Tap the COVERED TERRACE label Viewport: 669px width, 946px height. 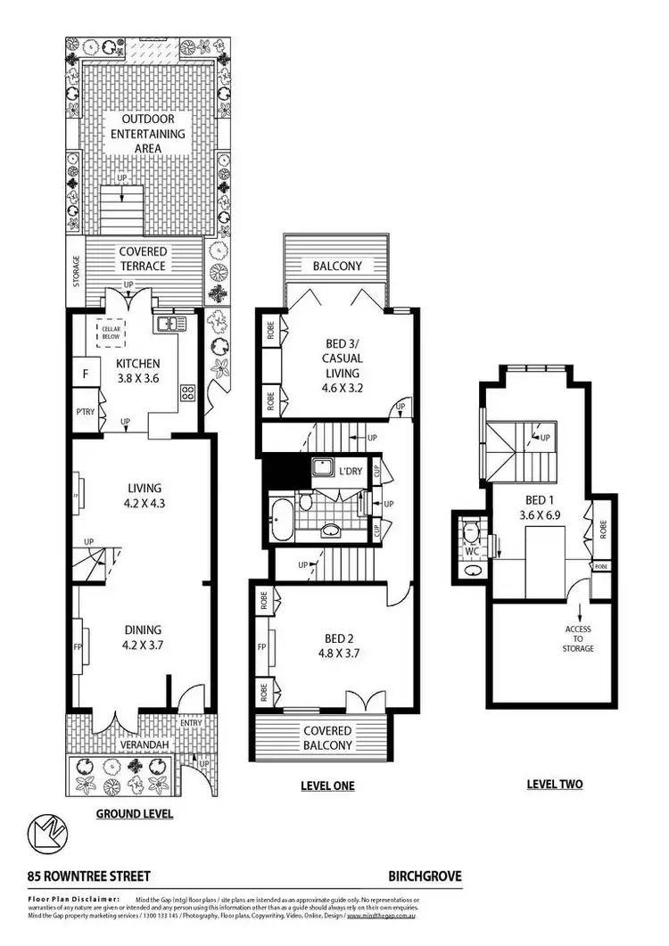(143, 259)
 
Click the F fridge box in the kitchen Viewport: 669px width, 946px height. (86, 374)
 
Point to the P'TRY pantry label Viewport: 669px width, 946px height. (86, 412)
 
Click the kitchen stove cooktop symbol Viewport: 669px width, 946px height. (188, 391)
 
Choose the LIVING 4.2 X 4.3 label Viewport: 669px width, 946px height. (144, 495)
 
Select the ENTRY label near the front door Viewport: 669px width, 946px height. (190, 722)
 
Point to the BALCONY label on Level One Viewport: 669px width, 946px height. (337, 266)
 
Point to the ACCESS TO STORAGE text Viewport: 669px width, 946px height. (578, 638)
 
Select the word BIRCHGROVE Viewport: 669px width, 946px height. (424, 876)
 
